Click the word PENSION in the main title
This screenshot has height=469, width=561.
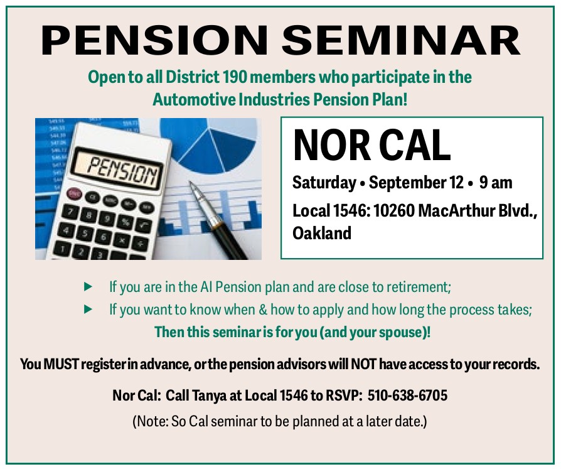click(154, 40)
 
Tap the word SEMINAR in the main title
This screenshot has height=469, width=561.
click(401, 40)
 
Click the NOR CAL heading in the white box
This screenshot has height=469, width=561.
click(371, 146)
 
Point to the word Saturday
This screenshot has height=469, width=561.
click(324, 183)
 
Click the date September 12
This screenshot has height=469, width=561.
click(416, 183)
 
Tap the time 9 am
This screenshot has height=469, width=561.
click(496, 182)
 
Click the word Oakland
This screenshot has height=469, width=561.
click(322, 233)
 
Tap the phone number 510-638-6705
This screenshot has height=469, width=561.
click(407, 396)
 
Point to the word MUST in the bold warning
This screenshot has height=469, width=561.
click(60, 364)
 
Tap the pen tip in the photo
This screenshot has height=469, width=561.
click(191, 185)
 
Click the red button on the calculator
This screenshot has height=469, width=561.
click(75, 193)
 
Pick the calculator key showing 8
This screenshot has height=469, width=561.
click(87, 215)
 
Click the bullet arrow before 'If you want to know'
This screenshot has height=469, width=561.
click(88, 310)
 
